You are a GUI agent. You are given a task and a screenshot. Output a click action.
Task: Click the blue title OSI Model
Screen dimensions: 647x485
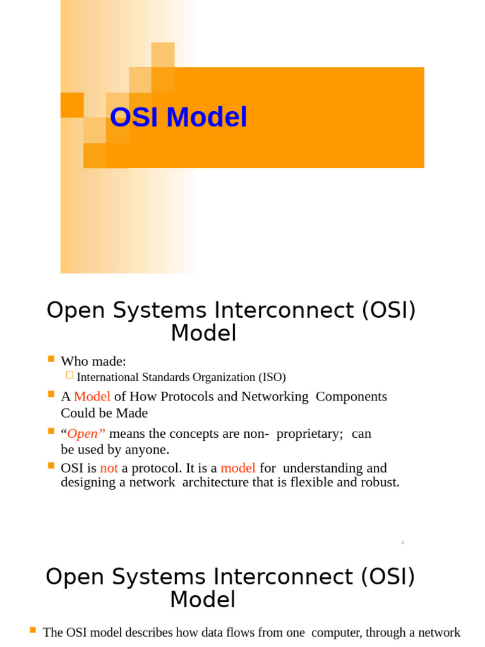click(178, 118)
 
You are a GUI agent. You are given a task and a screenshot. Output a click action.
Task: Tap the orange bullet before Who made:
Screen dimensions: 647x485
click(51, 359)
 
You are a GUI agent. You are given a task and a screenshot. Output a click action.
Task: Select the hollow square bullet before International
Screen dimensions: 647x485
click(69, 375)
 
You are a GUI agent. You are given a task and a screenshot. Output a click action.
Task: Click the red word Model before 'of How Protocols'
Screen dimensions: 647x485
click(92, 397)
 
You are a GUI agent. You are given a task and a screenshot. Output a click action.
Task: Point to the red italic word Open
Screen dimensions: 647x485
click(83, 434)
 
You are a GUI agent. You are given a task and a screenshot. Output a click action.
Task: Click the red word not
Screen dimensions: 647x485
click(109, 468)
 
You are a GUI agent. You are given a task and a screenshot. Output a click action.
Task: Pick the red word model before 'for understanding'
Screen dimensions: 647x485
click(238, 468)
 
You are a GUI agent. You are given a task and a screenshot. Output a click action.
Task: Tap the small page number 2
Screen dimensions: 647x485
click(402, 543)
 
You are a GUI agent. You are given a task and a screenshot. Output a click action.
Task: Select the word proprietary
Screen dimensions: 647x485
click(309, 434)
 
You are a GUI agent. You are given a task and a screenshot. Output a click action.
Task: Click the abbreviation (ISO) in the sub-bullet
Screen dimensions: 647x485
click(272, 377)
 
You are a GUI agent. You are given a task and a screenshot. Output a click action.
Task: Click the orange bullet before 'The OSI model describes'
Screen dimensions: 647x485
click(33, 630)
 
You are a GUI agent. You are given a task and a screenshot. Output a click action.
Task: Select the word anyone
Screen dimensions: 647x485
click(150, 450)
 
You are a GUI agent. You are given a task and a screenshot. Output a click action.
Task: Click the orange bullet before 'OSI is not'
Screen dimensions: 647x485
click(51, 466)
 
